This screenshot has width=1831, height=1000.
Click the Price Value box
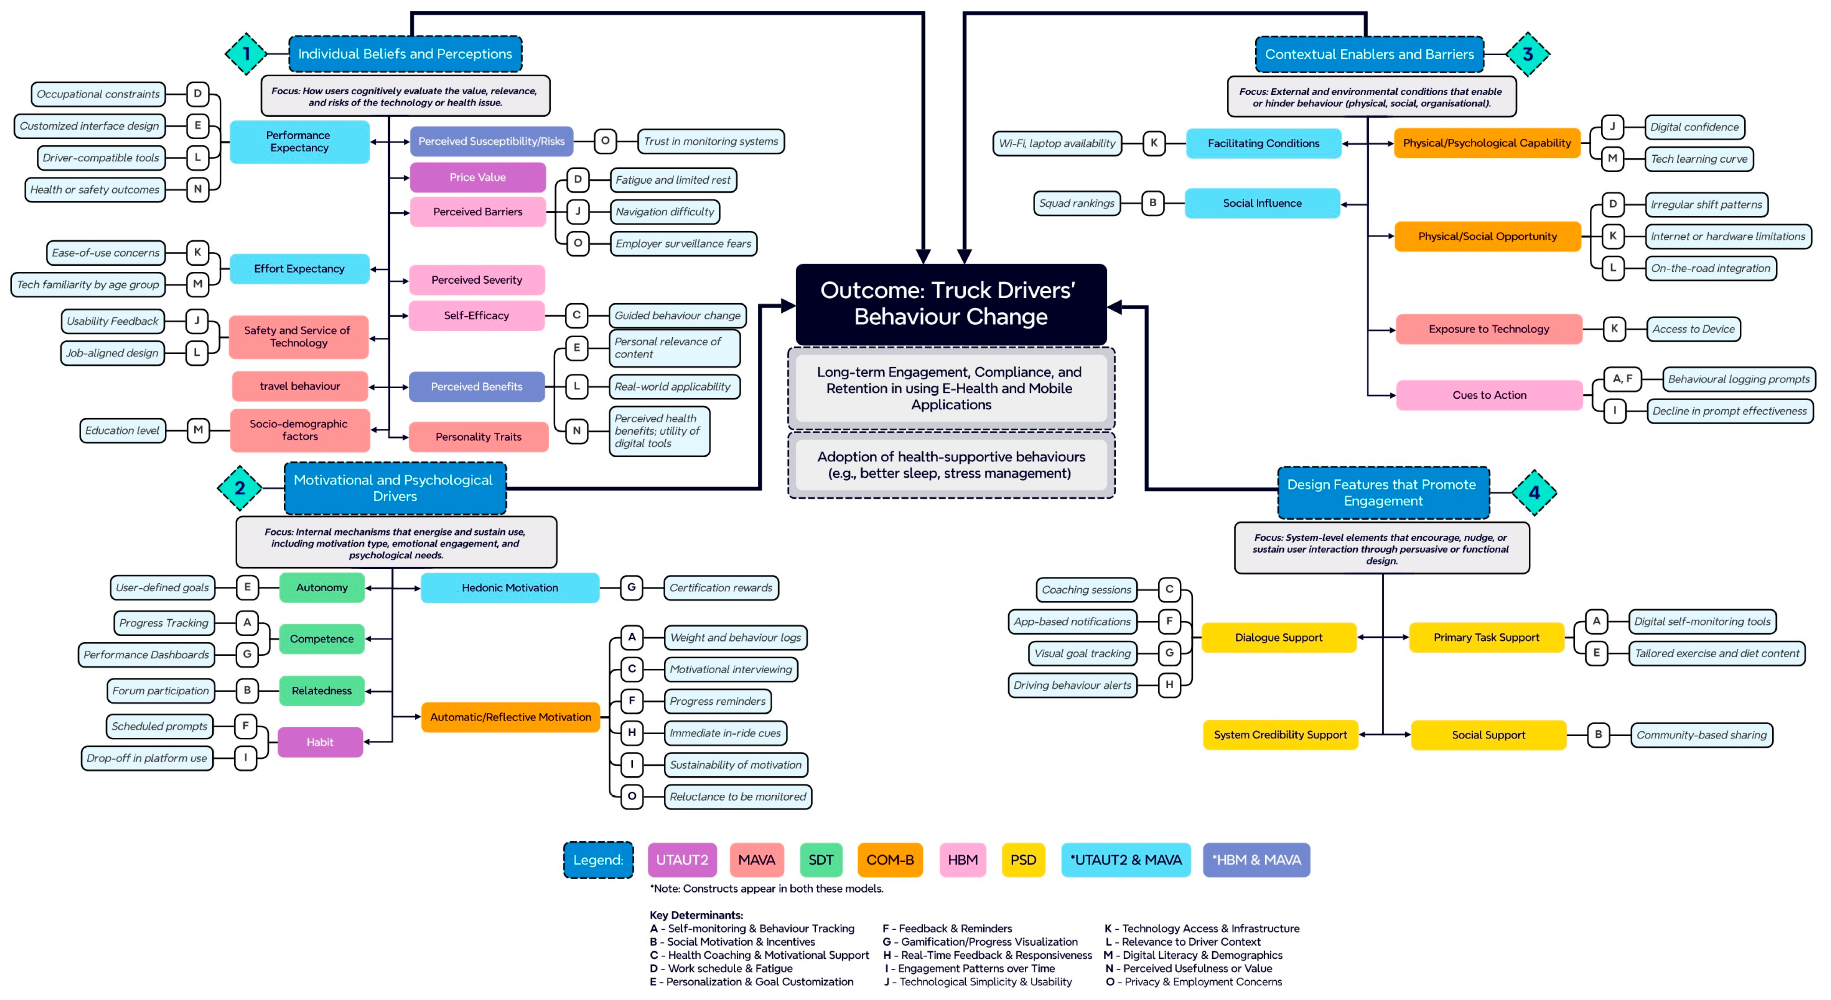[x=477, y=177]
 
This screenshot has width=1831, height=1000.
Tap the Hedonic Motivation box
[x=510, y=588]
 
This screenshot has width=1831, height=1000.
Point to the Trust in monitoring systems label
[x=711, y=141]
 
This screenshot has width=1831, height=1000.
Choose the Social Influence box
[x=1262, y=203]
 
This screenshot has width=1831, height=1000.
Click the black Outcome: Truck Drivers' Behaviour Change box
[x=951, y=304]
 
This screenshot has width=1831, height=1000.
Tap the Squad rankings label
[x=1076, y=203]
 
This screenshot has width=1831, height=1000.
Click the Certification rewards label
[x=721, y=588]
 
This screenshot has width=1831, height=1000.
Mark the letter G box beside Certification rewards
[x=631, y=588]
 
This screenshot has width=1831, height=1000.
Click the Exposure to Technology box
[x=1489, y=329]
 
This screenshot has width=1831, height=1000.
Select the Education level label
[x=122, y=430]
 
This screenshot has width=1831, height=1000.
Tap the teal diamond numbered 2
[x=239, y=488]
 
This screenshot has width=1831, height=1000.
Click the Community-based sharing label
[x=1702, y=735]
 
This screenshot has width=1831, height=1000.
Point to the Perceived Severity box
[x=477, y=280]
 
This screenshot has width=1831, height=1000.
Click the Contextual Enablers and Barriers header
[x=1369, y=54]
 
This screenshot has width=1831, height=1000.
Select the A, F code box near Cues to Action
[x=1623, y=379]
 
